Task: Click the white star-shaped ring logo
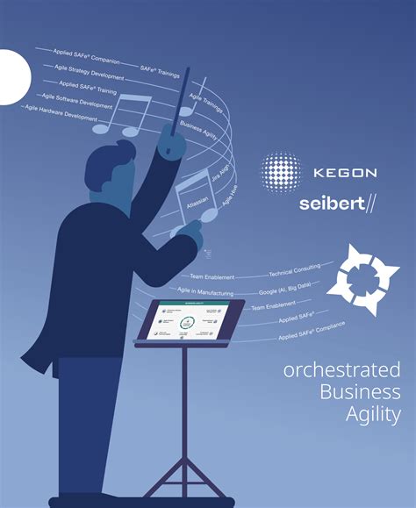(362, 280)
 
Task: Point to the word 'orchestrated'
(342, 369)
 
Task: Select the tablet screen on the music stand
(187, 319)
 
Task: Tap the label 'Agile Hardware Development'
(61, 113)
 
